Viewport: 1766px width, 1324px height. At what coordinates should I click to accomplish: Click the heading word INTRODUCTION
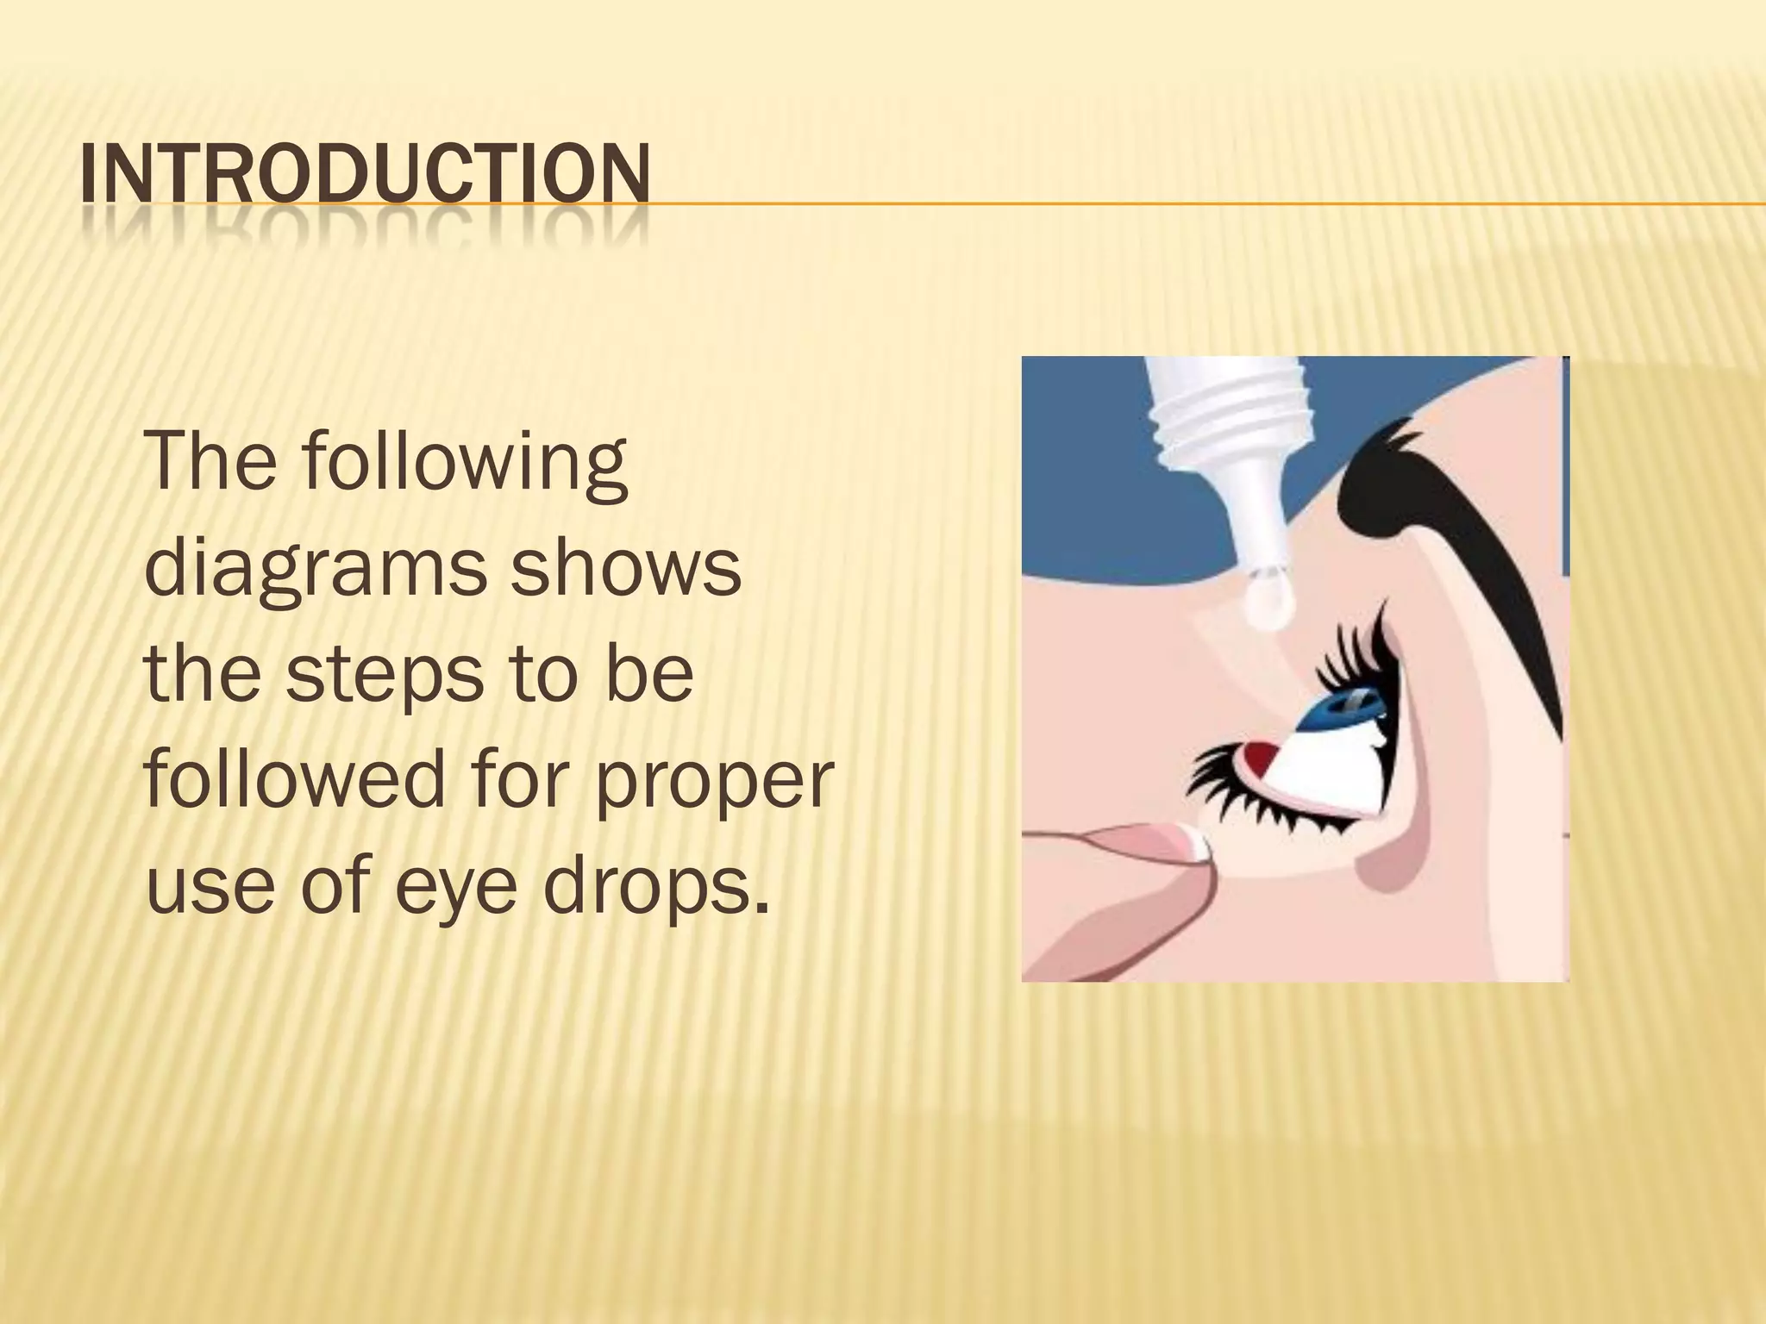click(x=364, y=176)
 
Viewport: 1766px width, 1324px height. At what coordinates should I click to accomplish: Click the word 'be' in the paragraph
click(x=650, y=675)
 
